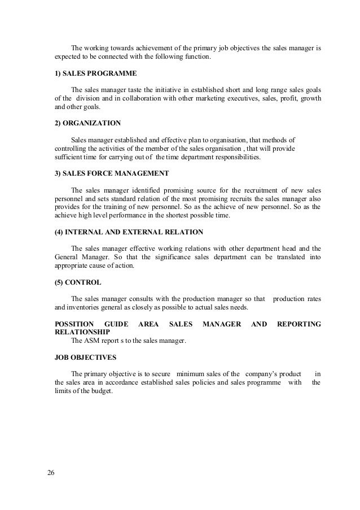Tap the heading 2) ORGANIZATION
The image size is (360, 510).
(x=87, y=123)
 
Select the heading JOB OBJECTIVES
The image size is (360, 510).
(x=85, y=358)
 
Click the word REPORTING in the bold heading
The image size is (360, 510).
(x=298, y=324)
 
